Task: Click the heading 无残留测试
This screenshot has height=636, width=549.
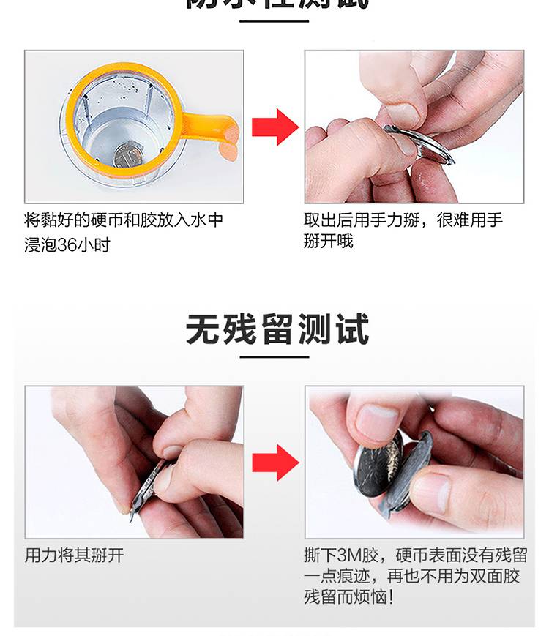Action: (x=277, y=329)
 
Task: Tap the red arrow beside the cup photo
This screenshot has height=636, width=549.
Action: (x=275, y=127)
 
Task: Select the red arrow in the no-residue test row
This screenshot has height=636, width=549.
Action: (x=275, y=463)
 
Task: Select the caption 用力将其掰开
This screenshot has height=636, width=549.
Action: (x=74, y=555)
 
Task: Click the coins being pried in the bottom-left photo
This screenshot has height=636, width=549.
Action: (x=150, y=487)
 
